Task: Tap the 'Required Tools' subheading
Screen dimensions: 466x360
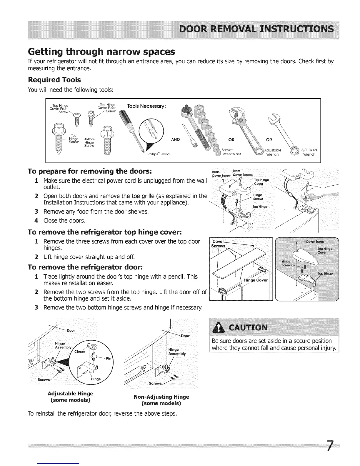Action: [54, 80]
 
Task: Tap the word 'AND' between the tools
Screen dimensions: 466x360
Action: [175, 139]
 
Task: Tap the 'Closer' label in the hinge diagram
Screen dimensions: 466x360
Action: [80, 351]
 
